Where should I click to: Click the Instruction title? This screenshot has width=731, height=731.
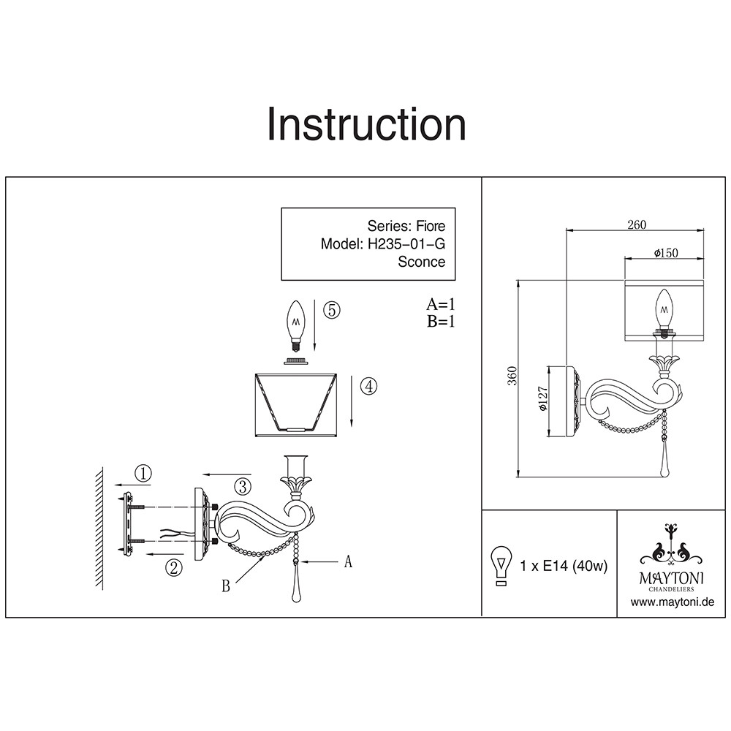(365, 124)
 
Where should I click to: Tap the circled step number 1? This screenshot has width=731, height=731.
(144, 473)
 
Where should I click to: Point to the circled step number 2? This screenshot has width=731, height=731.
(173, 567)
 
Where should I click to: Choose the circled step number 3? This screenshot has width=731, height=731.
(243, 485)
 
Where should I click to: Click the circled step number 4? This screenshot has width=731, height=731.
(370, 387)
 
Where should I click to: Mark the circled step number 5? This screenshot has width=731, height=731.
(330, 310)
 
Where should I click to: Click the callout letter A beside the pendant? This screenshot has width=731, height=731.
(349, 561)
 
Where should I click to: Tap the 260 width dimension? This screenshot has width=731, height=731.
(637, 225)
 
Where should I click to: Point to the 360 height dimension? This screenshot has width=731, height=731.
(512, 376)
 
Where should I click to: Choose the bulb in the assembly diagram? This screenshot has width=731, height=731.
(296, 324)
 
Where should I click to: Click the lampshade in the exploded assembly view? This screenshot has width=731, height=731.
(296, 404)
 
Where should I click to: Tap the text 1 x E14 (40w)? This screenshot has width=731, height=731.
(564, 565)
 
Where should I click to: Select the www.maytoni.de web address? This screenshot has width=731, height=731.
(672, 602)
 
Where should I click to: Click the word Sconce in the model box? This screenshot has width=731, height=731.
(421, 262)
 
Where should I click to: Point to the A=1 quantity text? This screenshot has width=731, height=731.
(441, 304)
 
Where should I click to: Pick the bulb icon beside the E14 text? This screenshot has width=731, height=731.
(501, 566)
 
